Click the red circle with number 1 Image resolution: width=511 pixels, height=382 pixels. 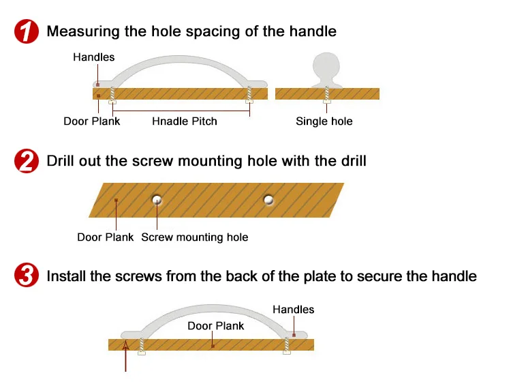[26, 32]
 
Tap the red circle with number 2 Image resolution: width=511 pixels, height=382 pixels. [26, 162]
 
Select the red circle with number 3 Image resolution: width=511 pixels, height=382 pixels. [26, 276]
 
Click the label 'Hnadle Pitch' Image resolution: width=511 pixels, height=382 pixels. [185, 121]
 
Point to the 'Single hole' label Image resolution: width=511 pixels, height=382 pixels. [324, 121]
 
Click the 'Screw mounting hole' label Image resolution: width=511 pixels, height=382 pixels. [195, 237]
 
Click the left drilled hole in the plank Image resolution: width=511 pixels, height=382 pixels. [157, 200]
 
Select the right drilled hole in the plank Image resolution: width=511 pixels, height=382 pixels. [268, 200]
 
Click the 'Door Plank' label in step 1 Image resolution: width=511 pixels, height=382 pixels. [92, 121]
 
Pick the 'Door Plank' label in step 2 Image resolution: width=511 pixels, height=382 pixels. [106, 237]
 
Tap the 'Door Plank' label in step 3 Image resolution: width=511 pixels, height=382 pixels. [216, 326]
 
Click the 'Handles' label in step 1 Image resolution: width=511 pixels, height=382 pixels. [94, 57]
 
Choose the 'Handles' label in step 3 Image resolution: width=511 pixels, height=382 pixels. [294, 310]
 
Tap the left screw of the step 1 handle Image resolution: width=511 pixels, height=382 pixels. [112, 95]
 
